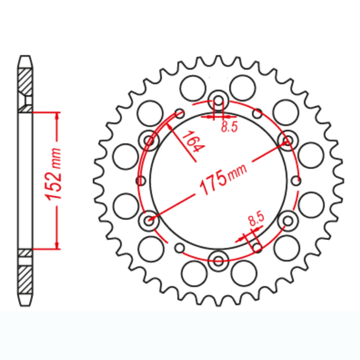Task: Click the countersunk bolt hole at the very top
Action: click(218, 100)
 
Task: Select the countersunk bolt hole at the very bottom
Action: click(218, 260)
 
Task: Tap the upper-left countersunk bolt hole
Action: click(149, 140)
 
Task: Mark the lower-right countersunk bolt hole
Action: click(288, 221)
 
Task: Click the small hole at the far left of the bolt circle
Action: click(141, 181)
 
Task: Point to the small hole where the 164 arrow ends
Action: click(179, 113)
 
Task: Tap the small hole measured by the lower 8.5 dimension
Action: click(257, 248)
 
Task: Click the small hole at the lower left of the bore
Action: click(179, 248)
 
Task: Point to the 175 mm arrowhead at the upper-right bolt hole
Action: click(283, 143)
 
